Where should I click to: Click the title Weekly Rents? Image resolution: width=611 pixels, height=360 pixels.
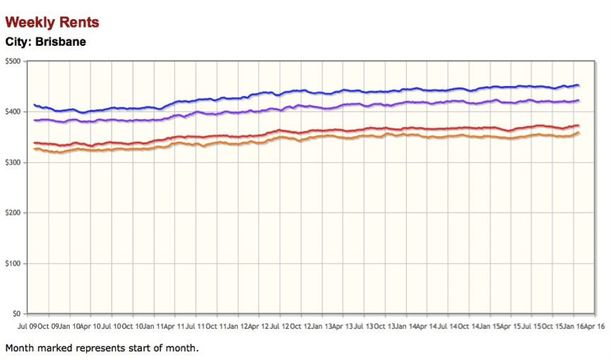coord(52,23)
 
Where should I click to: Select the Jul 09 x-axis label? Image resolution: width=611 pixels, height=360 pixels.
coord(28,327)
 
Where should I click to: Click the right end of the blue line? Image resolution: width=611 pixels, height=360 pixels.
coord(579,85)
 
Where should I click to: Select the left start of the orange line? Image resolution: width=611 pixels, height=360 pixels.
coord(35,148)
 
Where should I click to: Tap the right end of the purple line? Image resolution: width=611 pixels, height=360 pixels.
coord(579,100)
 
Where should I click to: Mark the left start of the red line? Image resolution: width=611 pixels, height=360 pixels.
coord(35,143)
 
